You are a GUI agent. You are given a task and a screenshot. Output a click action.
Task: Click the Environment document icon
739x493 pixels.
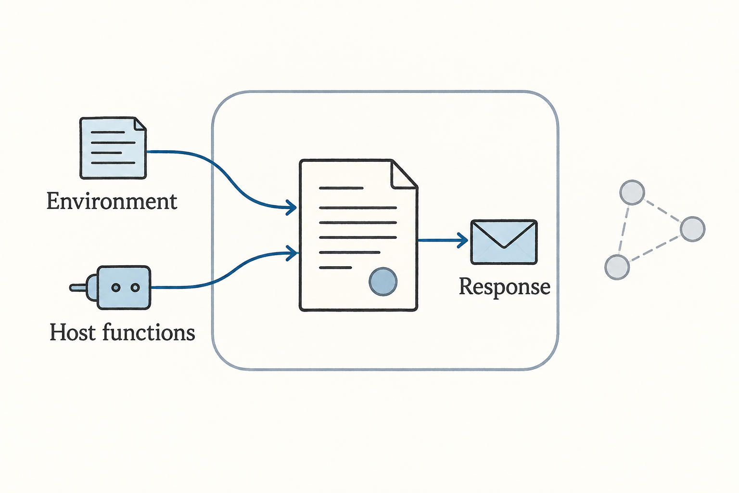coord(113,148)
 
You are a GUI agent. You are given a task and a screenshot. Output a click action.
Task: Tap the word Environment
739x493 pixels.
coord(112,201)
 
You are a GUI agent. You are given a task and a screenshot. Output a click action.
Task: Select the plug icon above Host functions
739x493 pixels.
coord(110,287)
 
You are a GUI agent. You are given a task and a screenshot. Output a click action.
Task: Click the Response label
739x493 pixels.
coord(504,286)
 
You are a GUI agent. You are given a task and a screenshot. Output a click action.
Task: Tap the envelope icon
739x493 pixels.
coord(504,242)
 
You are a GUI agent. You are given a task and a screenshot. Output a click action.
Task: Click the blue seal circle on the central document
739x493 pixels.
coord(382,282)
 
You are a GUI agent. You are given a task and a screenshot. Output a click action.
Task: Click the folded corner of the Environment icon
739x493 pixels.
coord(140,124)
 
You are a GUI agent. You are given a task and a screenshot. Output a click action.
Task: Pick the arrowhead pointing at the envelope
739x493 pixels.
coord(462,240)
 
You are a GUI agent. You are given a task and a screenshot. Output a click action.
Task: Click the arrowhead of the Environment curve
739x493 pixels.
coord(291,208)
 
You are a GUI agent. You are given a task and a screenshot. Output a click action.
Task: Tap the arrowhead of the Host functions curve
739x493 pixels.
coord(292,253)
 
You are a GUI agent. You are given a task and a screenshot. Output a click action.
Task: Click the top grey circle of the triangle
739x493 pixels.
coord(632,193)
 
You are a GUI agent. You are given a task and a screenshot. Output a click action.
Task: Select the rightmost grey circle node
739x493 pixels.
coord(693,229)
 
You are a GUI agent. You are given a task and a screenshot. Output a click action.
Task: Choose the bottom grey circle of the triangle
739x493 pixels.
coord(617,267)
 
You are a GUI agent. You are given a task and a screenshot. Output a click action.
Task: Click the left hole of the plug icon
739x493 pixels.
coord(116,287)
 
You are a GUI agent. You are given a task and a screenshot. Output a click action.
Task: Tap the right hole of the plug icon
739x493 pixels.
coord(135,287)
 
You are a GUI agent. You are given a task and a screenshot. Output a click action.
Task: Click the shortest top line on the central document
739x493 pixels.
coord(341,188)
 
